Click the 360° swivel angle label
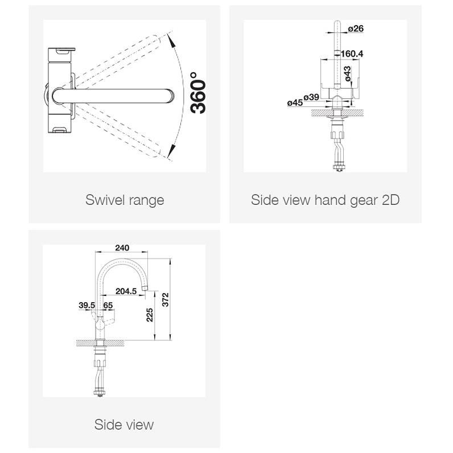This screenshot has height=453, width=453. pyautogui.click(x=198, y=93)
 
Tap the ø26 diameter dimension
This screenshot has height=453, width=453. pyautogui.click(x=356, y=28)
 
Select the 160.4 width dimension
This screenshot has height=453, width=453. pyautogui.click(x=352, y=53)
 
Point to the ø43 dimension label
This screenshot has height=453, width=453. pyautogui.click(x=347, y=73)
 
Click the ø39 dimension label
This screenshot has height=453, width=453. pyautogui.click(x=311, y=97)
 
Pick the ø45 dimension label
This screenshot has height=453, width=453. pyautogui.click(x=295, y=102)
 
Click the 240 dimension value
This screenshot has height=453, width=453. pyautogui.click(x=122, y=248)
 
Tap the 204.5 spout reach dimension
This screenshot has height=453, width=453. pyautogui.click(x=126, y=291)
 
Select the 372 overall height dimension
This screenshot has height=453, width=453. pyautogui.click(x=165, y=299)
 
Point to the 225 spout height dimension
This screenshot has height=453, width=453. pyautogui.click(x=150, y=315)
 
